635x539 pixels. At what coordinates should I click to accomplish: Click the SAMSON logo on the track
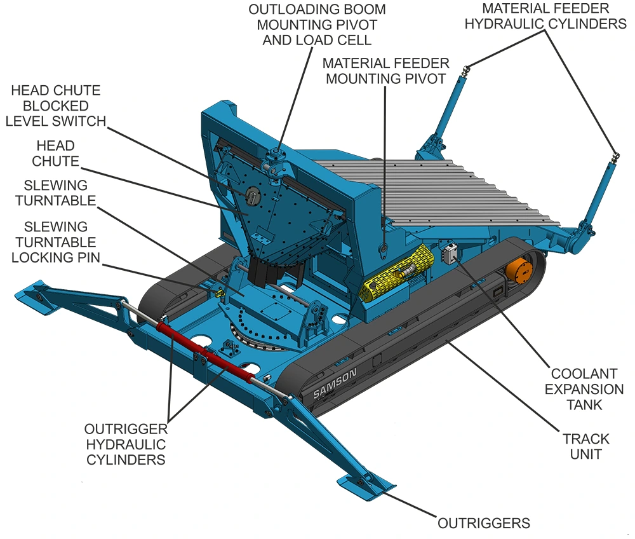(335, 383)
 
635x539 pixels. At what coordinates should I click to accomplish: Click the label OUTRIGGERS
(484, 523)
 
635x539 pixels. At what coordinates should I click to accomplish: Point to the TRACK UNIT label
(585, 446)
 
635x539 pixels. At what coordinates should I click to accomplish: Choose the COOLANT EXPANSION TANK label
(584, 389)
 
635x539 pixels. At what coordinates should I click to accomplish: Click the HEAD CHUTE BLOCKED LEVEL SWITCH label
(56, 106)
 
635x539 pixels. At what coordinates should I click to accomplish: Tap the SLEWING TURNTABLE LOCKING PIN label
(56, 242)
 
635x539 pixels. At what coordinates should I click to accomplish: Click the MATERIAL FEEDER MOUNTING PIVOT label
(386, 71)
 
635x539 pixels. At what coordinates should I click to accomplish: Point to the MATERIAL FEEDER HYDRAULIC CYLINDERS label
(545, 16)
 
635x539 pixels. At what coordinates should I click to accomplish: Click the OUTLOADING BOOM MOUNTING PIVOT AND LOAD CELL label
(317, 25)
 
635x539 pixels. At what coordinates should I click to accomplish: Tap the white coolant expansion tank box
(450, 254)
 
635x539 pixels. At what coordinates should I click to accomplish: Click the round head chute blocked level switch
(251, 194)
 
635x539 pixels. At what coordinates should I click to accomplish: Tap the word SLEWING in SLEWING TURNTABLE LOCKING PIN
(56, 226)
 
